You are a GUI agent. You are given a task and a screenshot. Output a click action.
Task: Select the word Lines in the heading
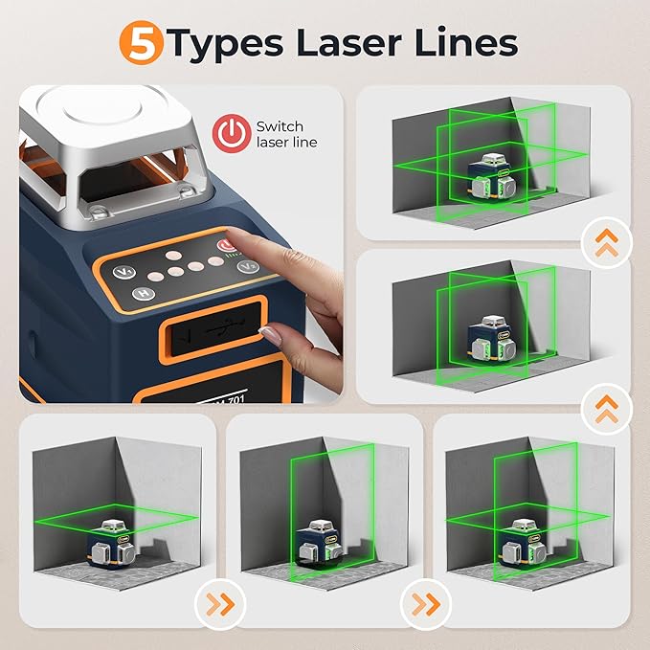[x=468, y=43]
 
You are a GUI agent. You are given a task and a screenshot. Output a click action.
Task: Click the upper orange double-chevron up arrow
[x=607, y=242]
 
